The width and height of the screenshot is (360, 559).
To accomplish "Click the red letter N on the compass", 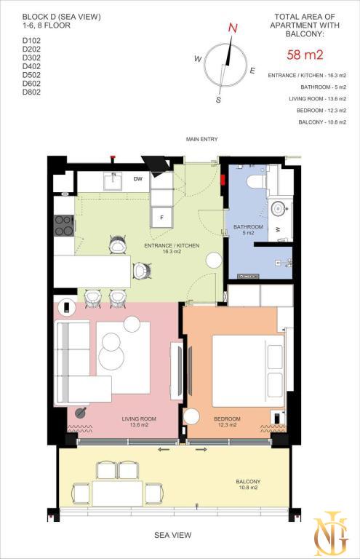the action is coord(233,28).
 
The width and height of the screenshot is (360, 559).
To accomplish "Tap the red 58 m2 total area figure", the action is coord(305,55).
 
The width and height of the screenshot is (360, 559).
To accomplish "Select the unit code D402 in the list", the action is coord(31,66).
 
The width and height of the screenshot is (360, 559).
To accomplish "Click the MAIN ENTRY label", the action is coord(201,139).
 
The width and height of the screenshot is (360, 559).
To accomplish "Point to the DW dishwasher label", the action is coord(138,179).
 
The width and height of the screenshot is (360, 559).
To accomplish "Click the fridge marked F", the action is coord(161,218).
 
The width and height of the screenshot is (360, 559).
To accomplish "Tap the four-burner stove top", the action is coord(64,226).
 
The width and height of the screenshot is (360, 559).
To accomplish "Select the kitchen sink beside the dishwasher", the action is coord(113,181).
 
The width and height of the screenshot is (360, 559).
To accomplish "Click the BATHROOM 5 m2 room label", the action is coord(248,229).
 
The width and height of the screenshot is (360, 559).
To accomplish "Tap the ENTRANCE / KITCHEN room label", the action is coord(172,248).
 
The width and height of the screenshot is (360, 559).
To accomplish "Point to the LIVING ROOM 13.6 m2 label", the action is coord(139,421).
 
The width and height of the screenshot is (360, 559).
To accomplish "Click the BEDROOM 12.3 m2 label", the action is coord(227,421).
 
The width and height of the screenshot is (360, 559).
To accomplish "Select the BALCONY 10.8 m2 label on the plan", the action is coord(248,485).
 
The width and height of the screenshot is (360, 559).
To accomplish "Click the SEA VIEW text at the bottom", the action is coord(172,535).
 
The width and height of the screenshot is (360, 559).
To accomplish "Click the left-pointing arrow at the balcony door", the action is coord(164,450).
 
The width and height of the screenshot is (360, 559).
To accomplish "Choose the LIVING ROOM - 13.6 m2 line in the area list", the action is coord(318,99).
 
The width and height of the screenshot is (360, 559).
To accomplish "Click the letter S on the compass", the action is coord(218,100).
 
